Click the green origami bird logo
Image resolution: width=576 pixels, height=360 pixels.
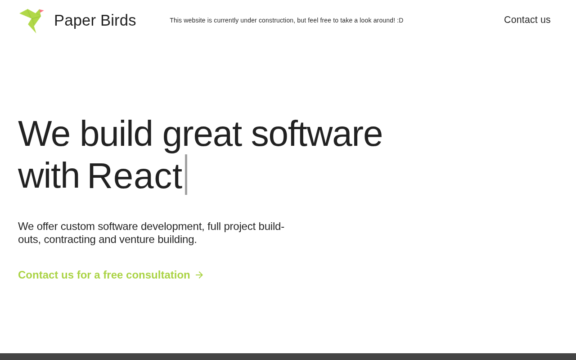[31, 21]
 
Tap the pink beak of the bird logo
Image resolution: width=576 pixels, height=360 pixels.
[41, 11]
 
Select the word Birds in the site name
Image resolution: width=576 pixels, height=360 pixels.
[118, 20]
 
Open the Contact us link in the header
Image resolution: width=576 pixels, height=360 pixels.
[527, 20]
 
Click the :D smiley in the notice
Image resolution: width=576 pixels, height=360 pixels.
[400, 20]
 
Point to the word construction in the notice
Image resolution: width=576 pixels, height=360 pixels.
[277, 20]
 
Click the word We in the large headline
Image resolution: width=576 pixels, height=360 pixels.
[44, 134]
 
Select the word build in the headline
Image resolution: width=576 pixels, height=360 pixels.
[116, 133]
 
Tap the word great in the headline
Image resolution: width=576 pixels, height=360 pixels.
[202, 136]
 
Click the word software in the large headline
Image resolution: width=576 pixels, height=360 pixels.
[316, 134]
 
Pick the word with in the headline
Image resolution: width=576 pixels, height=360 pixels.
[49, 175]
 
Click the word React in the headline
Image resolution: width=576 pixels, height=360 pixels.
[135, 176]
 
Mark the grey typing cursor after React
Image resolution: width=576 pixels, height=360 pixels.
[186, 175]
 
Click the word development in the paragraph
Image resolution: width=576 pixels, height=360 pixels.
[172, 227]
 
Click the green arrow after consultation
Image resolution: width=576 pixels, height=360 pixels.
[199, 275]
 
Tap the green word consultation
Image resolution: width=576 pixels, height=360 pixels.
[158, 275]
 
